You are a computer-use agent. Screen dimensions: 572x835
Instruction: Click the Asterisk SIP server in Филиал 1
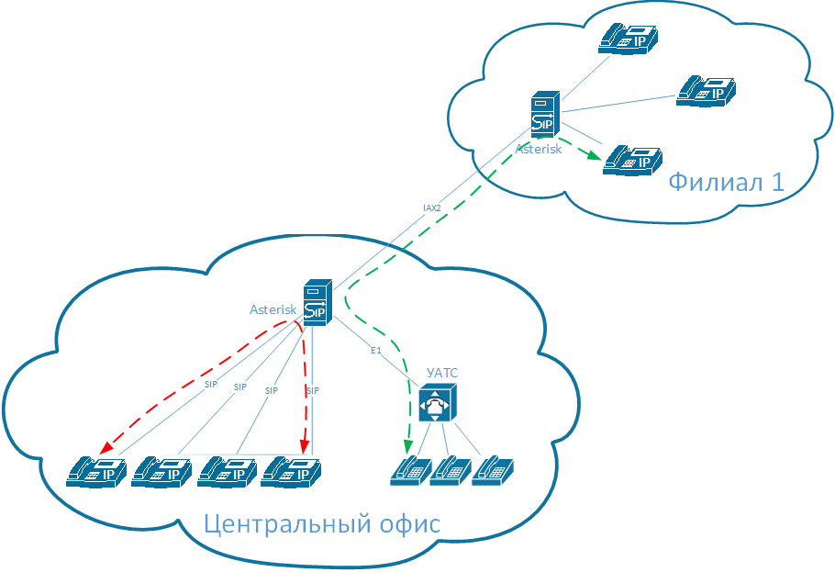click(543, 115)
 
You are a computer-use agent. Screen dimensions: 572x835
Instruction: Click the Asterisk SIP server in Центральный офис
click(315, 302)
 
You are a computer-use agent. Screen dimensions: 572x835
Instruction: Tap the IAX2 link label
click(431, 208)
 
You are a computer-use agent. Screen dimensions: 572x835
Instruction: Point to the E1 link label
click(375, 351)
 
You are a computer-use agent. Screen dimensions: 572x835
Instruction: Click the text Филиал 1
click(726, 181)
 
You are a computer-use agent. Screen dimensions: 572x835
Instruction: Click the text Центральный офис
click(321, 524)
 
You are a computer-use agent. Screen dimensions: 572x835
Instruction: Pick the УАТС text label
click(442, 373)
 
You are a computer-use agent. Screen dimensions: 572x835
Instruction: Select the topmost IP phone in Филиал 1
click(629, 37)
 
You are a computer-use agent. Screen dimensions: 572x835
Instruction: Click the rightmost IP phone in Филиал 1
click(707, 90)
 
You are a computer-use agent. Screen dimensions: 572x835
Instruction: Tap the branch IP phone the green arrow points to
click(632, 160)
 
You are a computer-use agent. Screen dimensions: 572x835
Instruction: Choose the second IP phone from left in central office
click(161, 471)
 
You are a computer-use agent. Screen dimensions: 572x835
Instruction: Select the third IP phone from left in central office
click(227, 471)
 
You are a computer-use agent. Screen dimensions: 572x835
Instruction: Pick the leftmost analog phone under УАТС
click(408, 469)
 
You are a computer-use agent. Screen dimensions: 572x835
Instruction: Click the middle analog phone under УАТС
click(450, 469)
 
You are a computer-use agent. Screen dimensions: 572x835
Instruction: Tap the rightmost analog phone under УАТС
click(492, 469)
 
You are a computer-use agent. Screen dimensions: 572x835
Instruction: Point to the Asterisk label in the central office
click(273, 309)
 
